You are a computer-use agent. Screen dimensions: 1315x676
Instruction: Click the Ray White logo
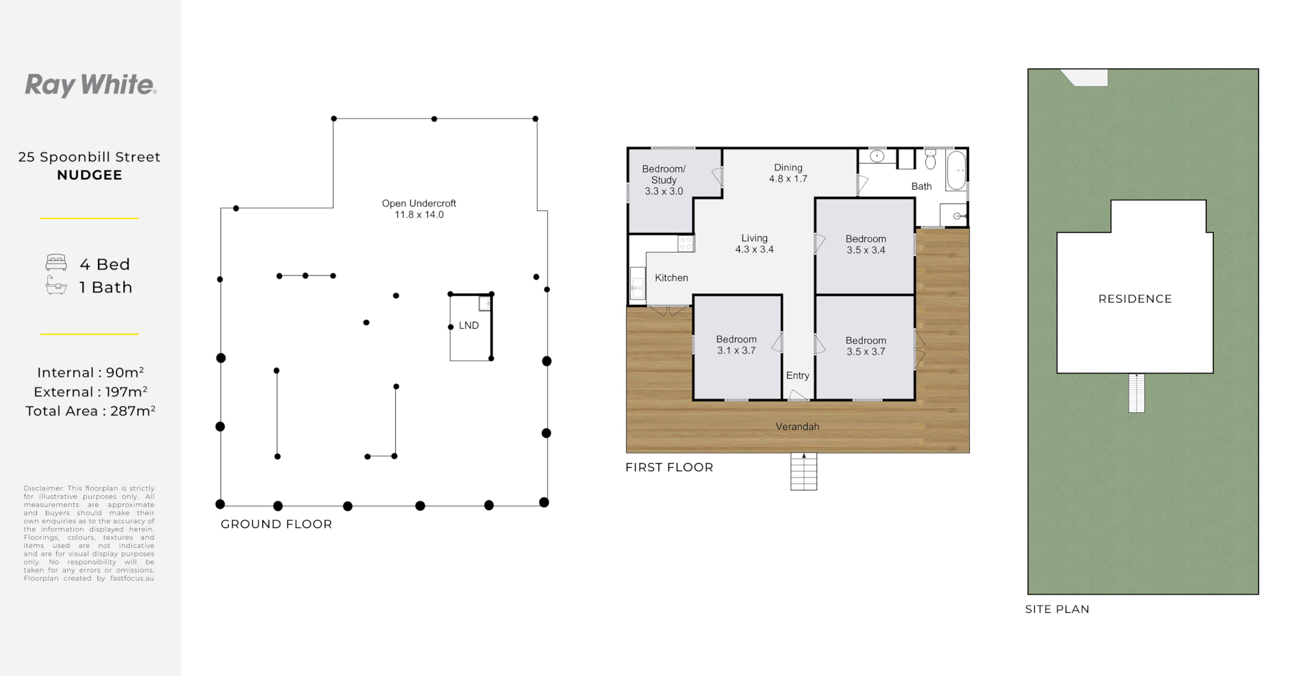point(91,85)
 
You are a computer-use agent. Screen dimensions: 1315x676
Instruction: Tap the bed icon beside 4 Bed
point(56,263)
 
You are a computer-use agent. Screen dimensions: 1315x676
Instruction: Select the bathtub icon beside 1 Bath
point(56,287)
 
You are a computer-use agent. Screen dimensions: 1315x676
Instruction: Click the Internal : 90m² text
point(90,373)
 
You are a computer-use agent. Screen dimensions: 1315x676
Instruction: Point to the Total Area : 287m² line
point(90,411)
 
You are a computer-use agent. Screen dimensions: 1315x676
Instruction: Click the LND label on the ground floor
point(469,325)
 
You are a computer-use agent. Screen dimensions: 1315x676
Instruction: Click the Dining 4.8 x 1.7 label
point(788,173)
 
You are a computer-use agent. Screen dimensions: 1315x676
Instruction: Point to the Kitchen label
point(671,277)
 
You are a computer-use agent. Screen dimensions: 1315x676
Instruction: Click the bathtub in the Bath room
point(956,171)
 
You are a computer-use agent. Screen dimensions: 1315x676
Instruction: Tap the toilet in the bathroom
point(930,160)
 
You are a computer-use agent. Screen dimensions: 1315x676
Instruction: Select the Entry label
point(798,375)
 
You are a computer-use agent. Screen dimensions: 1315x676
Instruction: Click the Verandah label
point(797,427)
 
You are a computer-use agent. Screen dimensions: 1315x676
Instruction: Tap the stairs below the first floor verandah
point(804,471)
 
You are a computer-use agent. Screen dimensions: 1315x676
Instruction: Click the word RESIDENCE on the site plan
point(1135,299)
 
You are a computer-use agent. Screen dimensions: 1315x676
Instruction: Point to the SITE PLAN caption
point(1057,609)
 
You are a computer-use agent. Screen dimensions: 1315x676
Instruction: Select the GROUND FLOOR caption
point(276,524)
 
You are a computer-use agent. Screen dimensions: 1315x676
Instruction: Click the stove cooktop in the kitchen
point(686,242)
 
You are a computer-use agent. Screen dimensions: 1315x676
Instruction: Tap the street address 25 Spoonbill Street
point(90,157)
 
